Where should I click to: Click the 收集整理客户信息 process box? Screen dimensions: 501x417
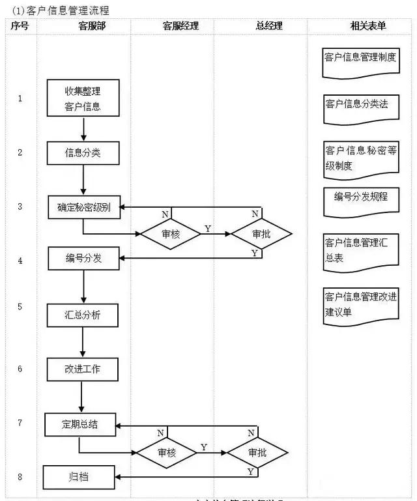(83, 98)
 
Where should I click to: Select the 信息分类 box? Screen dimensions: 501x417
(83, 153)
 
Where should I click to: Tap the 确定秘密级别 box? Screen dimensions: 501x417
(83, 208)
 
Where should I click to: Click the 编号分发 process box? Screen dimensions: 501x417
(83, 259)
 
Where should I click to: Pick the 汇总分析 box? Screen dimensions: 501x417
(83, 315)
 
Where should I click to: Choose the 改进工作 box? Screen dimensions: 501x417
(82, 369)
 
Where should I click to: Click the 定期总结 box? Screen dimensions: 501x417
(80, 425)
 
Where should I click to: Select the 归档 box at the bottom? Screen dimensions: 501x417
(79, 477)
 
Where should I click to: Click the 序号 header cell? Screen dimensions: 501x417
(19, 27)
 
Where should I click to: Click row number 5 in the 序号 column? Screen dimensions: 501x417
(20, 306)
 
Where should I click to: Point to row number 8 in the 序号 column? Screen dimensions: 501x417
(20, 477)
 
